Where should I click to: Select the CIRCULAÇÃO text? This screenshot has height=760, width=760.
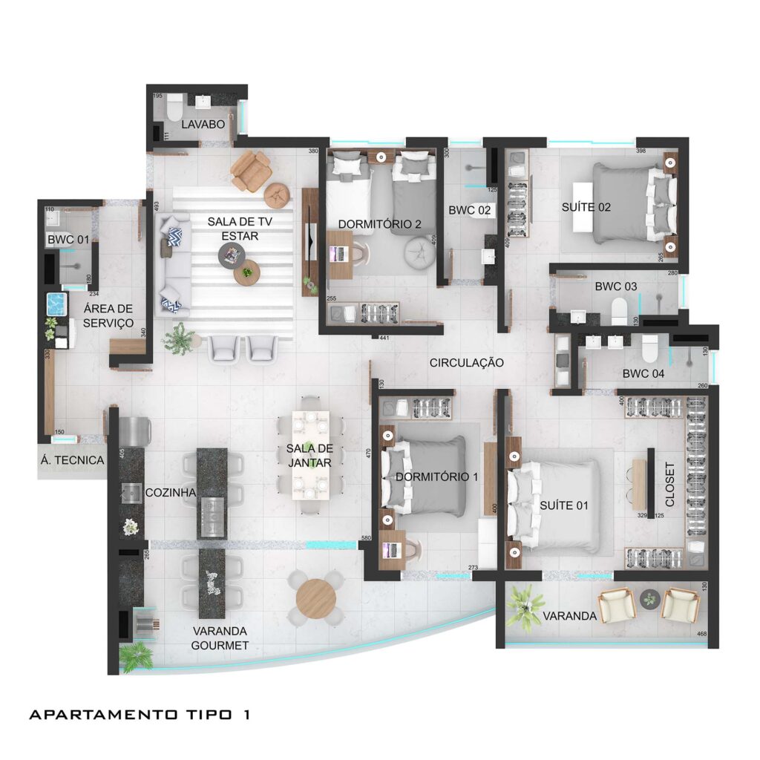click(466, 363)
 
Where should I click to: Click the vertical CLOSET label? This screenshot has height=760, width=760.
click(670, 485)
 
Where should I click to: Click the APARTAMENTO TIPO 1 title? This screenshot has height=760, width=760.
click(139, 715)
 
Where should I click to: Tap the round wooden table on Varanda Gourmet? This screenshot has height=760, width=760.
click(315, 598)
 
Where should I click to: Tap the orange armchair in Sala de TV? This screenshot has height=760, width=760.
click(250, 170)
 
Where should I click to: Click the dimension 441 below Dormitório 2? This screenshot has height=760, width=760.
click(384, 338)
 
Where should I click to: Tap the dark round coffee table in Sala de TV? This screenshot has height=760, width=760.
click(229, 256)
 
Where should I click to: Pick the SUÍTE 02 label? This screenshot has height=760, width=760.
click(586, 207)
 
